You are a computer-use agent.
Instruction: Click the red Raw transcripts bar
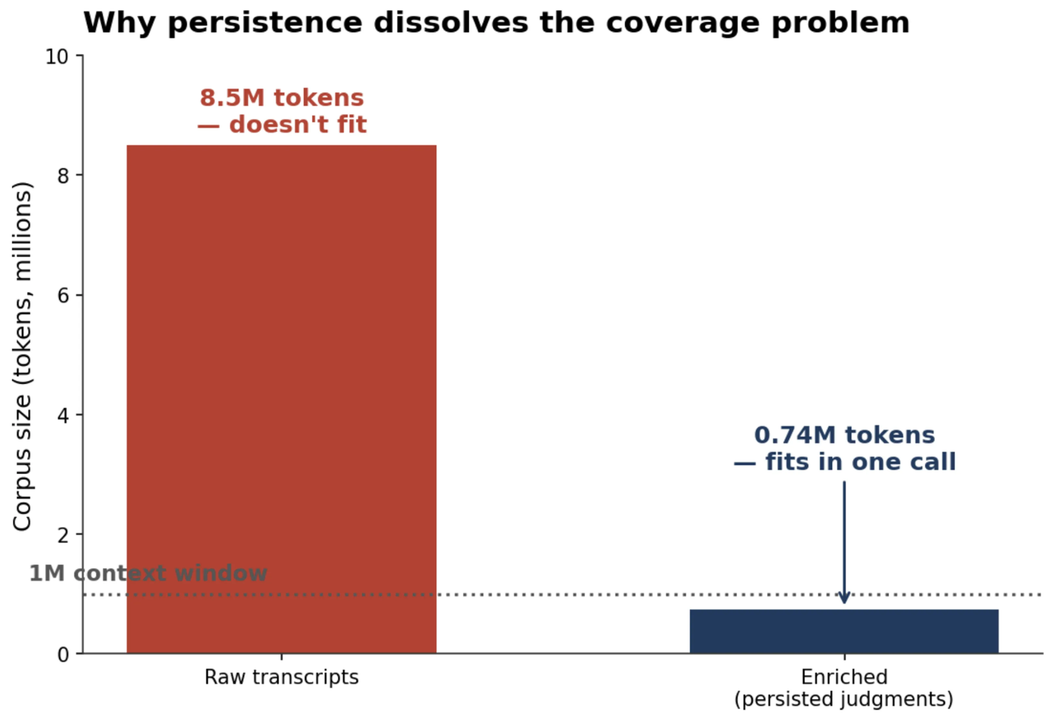(x=281, y=399)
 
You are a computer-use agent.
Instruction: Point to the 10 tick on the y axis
(x=57, y=57)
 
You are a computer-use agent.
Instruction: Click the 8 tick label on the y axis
(x=63, y=176)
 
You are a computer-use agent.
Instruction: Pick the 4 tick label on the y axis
(x=63, y=415)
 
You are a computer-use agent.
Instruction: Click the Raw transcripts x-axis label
(x=281, y=677)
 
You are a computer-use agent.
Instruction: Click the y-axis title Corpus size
(x=22, y=356)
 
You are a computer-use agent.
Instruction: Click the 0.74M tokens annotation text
(x=844, y=435)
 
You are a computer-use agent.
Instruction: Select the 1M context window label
(x=148, y=573)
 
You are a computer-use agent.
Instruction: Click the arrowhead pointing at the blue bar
(x=844, y=598)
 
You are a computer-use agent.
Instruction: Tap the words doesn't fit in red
(x=298, y=125)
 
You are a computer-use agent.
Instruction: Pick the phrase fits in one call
(x=861, y=462)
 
